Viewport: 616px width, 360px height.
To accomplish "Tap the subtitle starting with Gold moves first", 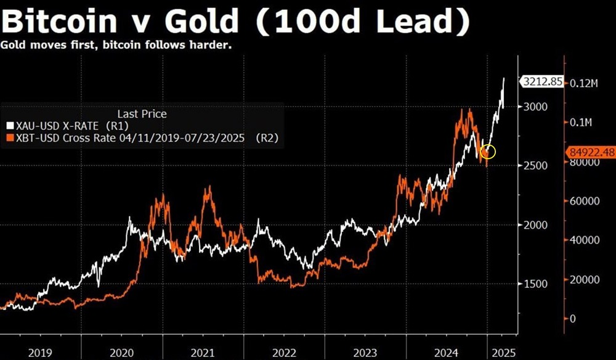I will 117,46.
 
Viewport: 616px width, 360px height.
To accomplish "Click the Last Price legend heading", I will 142,114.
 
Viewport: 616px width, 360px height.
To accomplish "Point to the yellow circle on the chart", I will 487,152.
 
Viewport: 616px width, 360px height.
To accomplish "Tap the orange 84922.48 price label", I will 590,152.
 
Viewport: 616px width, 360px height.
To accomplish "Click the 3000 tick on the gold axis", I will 536,107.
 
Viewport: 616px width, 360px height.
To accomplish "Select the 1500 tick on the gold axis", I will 536,284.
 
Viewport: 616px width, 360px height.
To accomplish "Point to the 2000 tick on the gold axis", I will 536,225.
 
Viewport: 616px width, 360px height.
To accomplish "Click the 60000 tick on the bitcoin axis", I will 583,202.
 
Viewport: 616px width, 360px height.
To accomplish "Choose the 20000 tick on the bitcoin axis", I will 583,280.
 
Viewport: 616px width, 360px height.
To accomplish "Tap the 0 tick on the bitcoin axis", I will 573,319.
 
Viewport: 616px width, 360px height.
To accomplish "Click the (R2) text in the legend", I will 267,139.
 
